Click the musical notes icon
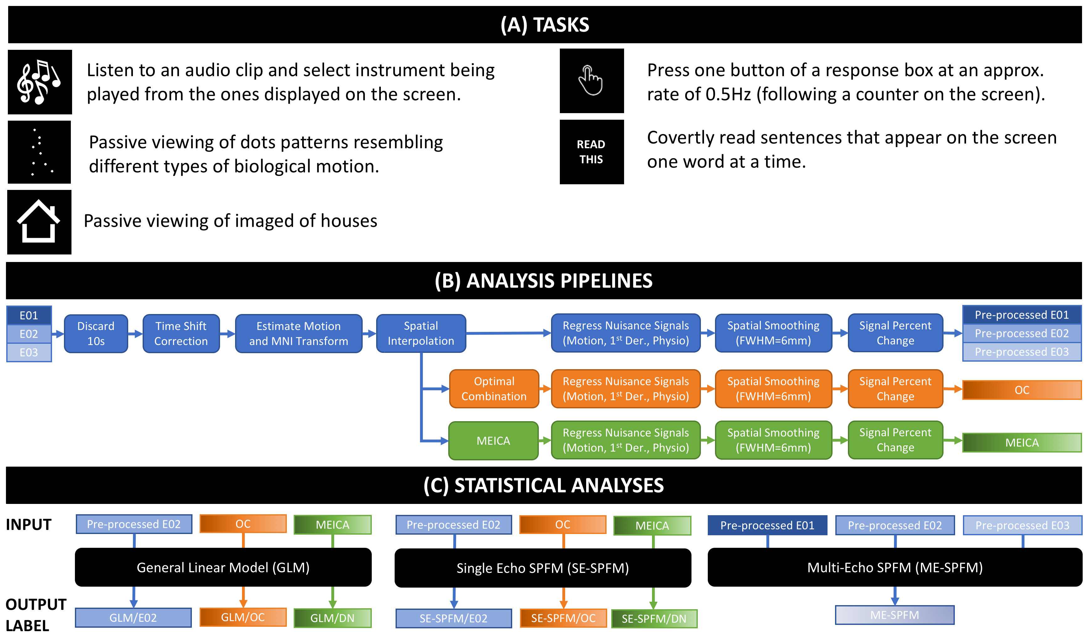(x=39, y=82)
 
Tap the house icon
(x=39, y=222)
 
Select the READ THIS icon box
(x=591, y=152)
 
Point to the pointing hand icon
(x=591, y=81)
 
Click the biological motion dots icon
(x=39, y=152)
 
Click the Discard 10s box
(x=96, y=333)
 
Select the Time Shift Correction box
(x=181, y=333)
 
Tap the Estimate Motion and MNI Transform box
(x=299, y=333)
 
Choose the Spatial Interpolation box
(x=421, y=333)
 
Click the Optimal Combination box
(x=494, y=389)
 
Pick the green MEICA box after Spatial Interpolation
(x=493, y=441)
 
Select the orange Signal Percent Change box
(x=895, y=389)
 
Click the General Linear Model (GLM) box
(x=223, y=567)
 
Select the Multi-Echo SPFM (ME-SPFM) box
(x=895, y=567)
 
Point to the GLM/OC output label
(x=243, y=617)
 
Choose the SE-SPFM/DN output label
(x=654, y=618)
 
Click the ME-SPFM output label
(x=895, y=615)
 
